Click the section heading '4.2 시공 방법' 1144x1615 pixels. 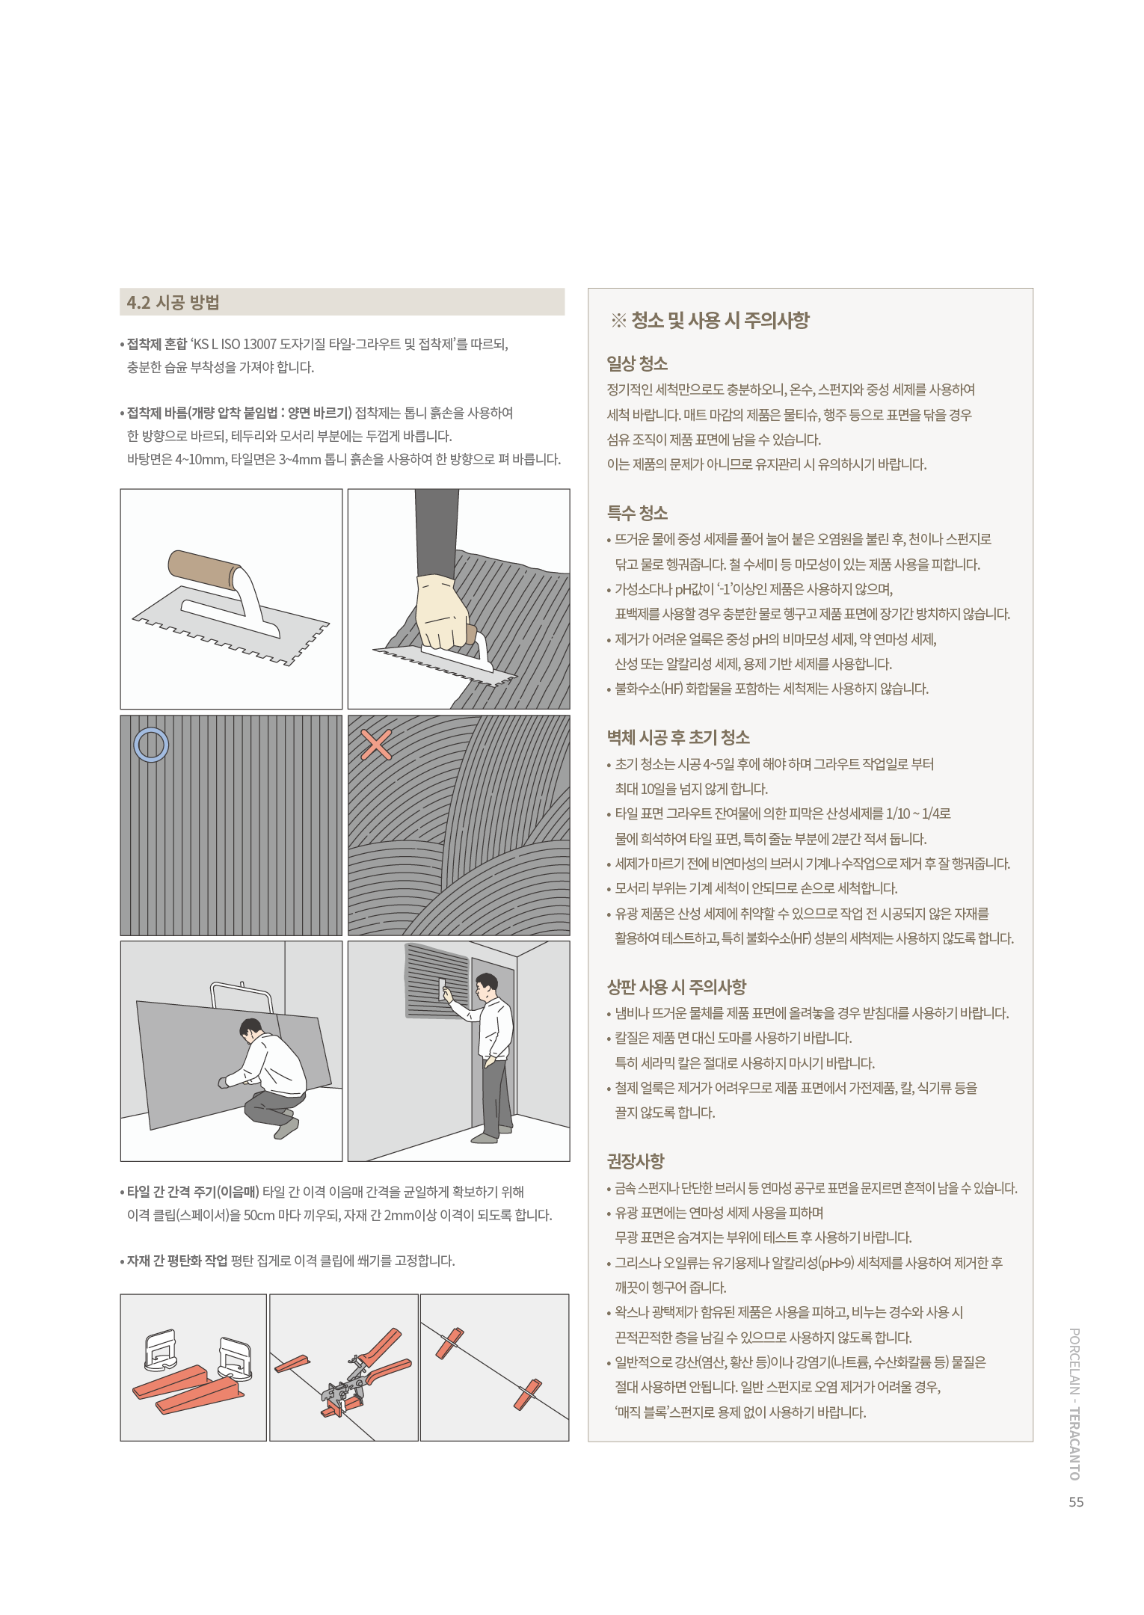(173, 302)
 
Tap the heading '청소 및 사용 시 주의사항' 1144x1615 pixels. (720, 321)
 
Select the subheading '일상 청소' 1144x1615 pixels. (637, 363)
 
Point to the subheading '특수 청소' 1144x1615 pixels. (637, 513)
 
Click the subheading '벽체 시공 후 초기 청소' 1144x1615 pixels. (678, 737)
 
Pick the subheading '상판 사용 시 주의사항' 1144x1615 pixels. (677, 987)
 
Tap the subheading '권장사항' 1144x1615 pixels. (636, 1161)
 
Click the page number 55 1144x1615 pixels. (1076, 1502)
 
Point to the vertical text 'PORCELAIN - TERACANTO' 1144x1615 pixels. (1075, 1404)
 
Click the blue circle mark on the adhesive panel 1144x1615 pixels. (151, 730)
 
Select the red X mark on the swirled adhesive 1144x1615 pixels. (376, 745)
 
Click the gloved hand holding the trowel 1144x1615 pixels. (443, 611)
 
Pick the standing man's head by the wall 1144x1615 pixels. (487, 987)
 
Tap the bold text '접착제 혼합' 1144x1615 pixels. (157, 344)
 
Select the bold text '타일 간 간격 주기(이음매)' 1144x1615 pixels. (193, 1192)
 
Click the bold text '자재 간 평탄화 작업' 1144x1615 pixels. (177, 1261)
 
